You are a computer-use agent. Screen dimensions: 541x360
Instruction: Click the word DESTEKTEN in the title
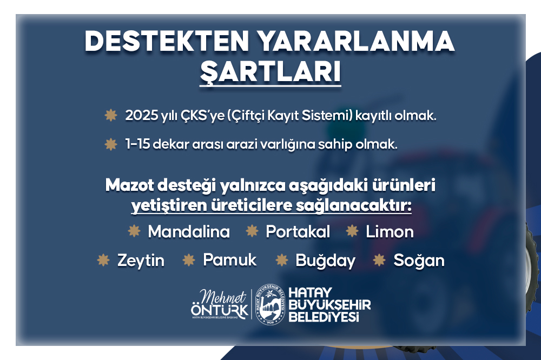(167, 42)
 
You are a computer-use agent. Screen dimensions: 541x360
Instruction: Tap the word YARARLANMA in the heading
(357, 42)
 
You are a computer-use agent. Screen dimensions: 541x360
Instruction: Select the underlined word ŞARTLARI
(270, 73)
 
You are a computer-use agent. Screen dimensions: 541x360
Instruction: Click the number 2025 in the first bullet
(141, 116)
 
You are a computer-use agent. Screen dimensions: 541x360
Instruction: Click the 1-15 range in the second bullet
(137, 144)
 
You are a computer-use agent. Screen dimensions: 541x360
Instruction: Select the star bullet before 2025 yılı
(111, 115)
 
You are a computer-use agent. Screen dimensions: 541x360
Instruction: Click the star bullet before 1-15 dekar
(111, 144)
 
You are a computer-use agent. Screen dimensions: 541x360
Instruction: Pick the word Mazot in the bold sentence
(130, 185)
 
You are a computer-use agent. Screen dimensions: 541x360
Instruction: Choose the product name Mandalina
(189, 231)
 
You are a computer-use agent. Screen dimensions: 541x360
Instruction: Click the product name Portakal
(298, 231)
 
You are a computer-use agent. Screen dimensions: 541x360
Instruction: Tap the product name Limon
(390, 232)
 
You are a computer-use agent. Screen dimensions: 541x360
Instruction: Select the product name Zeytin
(141, 261)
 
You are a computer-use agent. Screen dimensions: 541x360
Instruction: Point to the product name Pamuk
(230, 259)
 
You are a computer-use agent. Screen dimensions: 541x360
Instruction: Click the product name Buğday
(325, 261)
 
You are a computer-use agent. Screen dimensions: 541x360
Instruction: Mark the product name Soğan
(419, 261)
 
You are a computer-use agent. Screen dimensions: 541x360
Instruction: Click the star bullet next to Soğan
(379, 260)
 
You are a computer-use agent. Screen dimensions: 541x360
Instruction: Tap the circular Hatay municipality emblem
(270, 305)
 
